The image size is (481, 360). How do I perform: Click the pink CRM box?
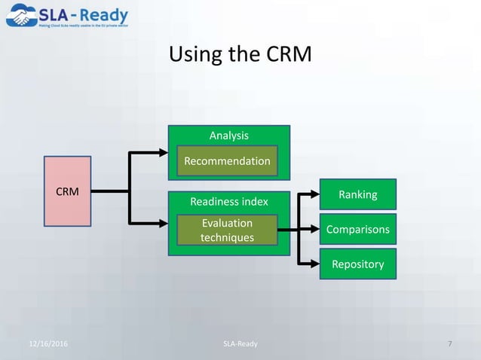(67, 192)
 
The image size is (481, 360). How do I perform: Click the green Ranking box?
(357, 195)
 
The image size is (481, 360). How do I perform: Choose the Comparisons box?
(357, 230)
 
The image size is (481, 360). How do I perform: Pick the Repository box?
(357, 264)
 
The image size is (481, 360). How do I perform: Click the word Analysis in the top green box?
(228, 135)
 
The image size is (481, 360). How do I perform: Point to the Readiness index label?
(228, 201)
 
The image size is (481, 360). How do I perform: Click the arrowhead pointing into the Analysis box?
(163, 153)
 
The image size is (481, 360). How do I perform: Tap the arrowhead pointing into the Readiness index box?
(163, 223)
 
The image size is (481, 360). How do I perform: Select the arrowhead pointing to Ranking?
(315, 194)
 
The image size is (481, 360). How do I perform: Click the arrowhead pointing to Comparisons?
(315, 229)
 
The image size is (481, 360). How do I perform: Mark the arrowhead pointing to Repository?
(315, 264)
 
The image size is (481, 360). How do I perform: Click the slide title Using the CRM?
(240, 55)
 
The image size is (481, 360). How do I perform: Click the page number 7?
(449, 344)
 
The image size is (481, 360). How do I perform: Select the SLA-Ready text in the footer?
(240, 344)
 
